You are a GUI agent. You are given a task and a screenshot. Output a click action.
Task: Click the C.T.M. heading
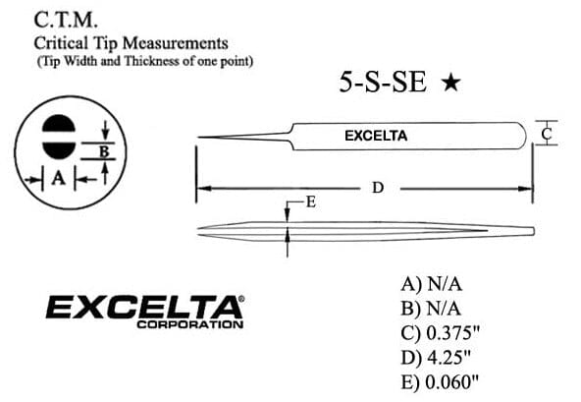coord(66,20)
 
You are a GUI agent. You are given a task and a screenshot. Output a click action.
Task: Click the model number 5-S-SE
coord(383,82)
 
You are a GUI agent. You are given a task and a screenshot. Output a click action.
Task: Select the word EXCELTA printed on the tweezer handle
coord(376,136)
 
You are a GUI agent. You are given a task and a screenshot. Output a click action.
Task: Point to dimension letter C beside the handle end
coord(547,134)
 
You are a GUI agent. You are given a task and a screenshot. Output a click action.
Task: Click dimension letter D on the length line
coord(378,188)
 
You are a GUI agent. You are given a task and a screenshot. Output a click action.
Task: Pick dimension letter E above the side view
coord(311,202)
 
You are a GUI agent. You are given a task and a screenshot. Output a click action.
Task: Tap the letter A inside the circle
coord(59,179)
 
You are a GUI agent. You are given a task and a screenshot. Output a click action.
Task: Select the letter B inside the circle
coord(104,151)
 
